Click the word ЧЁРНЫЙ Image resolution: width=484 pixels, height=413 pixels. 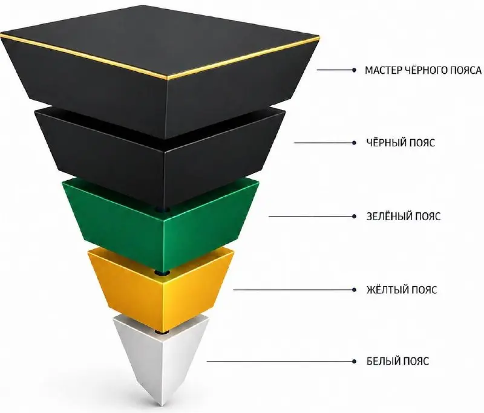(x=384, y=142)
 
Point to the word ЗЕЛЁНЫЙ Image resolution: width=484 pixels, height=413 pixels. (x=387, y=216)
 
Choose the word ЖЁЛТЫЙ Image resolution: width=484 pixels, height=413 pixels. (x=385, y=289)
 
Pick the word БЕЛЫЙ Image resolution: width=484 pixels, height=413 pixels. (x=381, y=361)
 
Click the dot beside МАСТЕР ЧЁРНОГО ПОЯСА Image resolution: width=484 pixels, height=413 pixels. (x=354, y=70)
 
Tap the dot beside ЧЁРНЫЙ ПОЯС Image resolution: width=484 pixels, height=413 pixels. (x=354, y=143)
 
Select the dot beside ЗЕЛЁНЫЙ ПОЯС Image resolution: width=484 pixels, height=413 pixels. (x=354, y=216)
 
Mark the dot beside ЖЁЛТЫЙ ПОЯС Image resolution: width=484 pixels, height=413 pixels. (x=354, y=290)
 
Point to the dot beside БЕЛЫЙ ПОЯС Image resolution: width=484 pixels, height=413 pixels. (x=354, y=362)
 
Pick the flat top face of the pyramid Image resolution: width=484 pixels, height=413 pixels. (x=159, y=40)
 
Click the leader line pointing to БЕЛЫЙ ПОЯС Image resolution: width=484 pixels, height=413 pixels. (x=280, y=362)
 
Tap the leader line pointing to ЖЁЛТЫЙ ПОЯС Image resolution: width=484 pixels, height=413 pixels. (x=293, y=290)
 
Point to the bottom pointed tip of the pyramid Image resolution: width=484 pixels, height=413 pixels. (x=160, y=406)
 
